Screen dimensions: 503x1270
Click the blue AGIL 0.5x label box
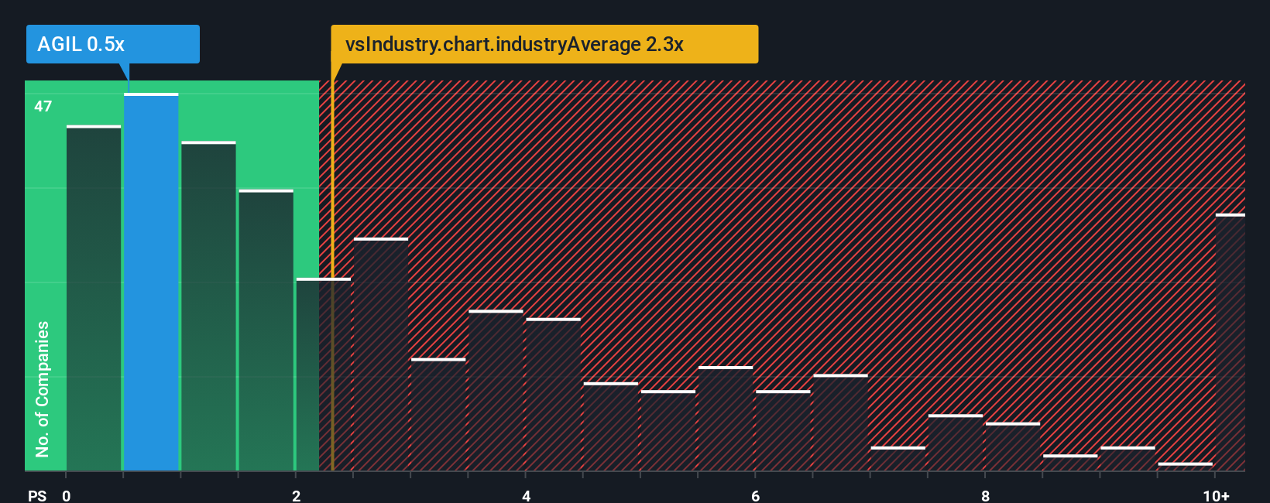pos(112,44)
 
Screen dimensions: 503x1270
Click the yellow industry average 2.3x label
pos(544,44)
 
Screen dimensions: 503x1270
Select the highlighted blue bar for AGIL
pos(151,282)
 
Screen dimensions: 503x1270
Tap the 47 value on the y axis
pos(43,107)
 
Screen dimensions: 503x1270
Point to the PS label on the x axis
pos(37,495)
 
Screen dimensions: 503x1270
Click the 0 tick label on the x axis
pos(67,495)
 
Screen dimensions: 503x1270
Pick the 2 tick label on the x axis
pos(297,495)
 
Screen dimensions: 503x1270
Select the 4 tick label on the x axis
pos(527,495)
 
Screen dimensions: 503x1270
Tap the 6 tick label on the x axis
pos(756,495)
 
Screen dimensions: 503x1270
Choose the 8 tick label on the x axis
pos(985,495)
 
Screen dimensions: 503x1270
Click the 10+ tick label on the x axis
pos(1216,495)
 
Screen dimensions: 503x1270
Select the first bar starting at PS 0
pos(94,298)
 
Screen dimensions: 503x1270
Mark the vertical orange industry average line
pos(332,271)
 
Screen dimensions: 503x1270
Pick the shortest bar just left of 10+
pos(1185,467)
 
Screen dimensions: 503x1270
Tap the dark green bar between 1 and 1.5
pos(208,306)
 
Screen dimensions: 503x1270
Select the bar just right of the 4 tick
pos(553,395)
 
